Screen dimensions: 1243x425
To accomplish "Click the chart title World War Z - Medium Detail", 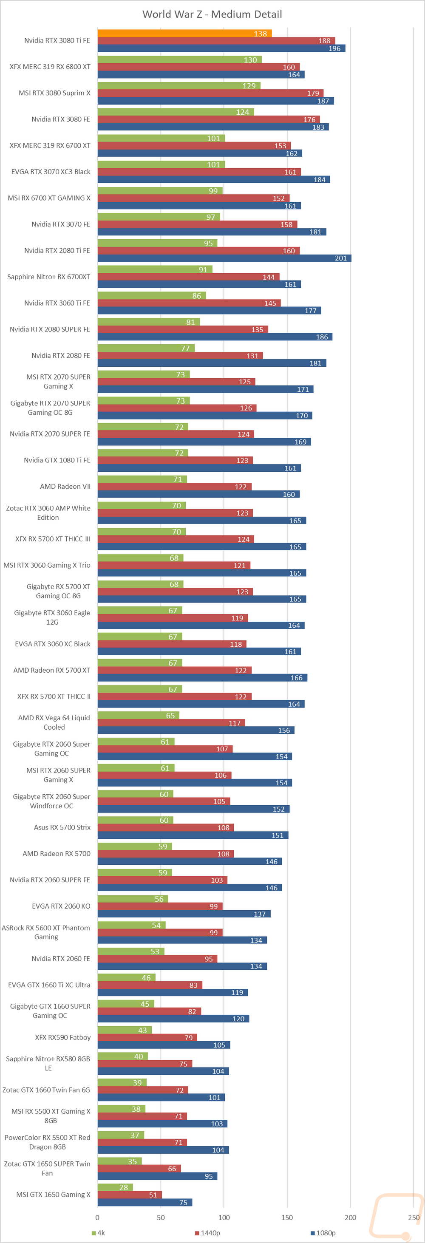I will [x=212, y=14].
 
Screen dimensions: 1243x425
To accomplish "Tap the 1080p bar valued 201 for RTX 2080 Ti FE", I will [x=224, y=258].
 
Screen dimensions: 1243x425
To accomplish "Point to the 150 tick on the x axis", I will [x=287, y=1218].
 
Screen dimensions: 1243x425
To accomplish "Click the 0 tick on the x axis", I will [x=97, y=1218].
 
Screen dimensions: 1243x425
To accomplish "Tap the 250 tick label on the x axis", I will [x=414, y=1218].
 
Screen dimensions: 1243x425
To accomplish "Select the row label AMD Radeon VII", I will [x=65, y=487].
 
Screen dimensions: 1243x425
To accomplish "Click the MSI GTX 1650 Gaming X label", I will [x=53, y=1194].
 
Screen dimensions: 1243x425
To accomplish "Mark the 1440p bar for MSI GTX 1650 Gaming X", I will [x=129, y=1195].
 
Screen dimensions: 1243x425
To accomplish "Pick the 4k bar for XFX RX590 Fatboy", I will [x=125, y=1030].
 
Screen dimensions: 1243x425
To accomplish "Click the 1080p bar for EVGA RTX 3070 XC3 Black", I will [x=213, y=179].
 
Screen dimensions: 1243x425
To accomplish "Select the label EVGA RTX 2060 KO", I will [x=61, y=906].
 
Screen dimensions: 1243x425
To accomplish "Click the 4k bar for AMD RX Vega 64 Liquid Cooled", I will [x=138, y=715].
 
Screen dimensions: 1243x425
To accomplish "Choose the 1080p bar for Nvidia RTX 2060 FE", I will [x=182, y=966].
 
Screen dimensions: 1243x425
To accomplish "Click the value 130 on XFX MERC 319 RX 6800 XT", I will [x=250, y=60].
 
